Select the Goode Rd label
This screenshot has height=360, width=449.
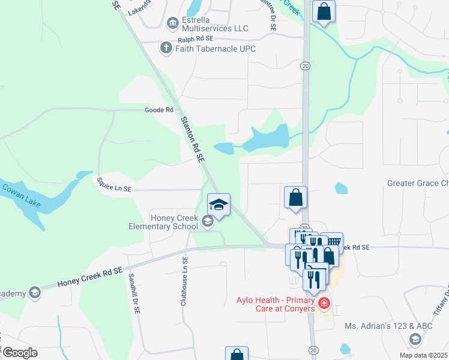click(x=158, y=110)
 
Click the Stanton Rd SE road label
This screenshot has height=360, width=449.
click(x=193, y=139)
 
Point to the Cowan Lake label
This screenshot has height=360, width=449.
click(x=21, y=196)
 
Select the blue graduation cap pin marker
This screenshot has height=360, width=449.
click(x=218, y=206)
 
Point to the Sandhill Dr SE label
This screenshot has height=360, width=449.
click(x=134, y=295)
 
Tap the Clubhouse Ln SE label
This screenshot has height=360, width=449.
click(x=185, y=280)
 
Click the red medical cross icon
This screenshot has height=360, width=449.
click(x=324, y=304)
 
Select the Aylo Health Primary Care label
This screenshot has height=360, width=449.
click(x=276, y=304)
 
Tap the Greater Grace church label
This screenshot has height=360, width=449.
click(x=418, y=183)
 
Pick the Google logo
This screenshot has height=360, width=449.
click(x=20, y=353)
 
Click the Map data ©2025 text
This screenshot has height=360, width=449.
click(x=421, y=355)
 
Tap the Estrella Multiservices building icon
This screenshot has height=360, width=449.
click(x=173, y=23)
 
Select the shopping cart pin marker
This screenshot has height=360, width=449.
click(x=331, y=242)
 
